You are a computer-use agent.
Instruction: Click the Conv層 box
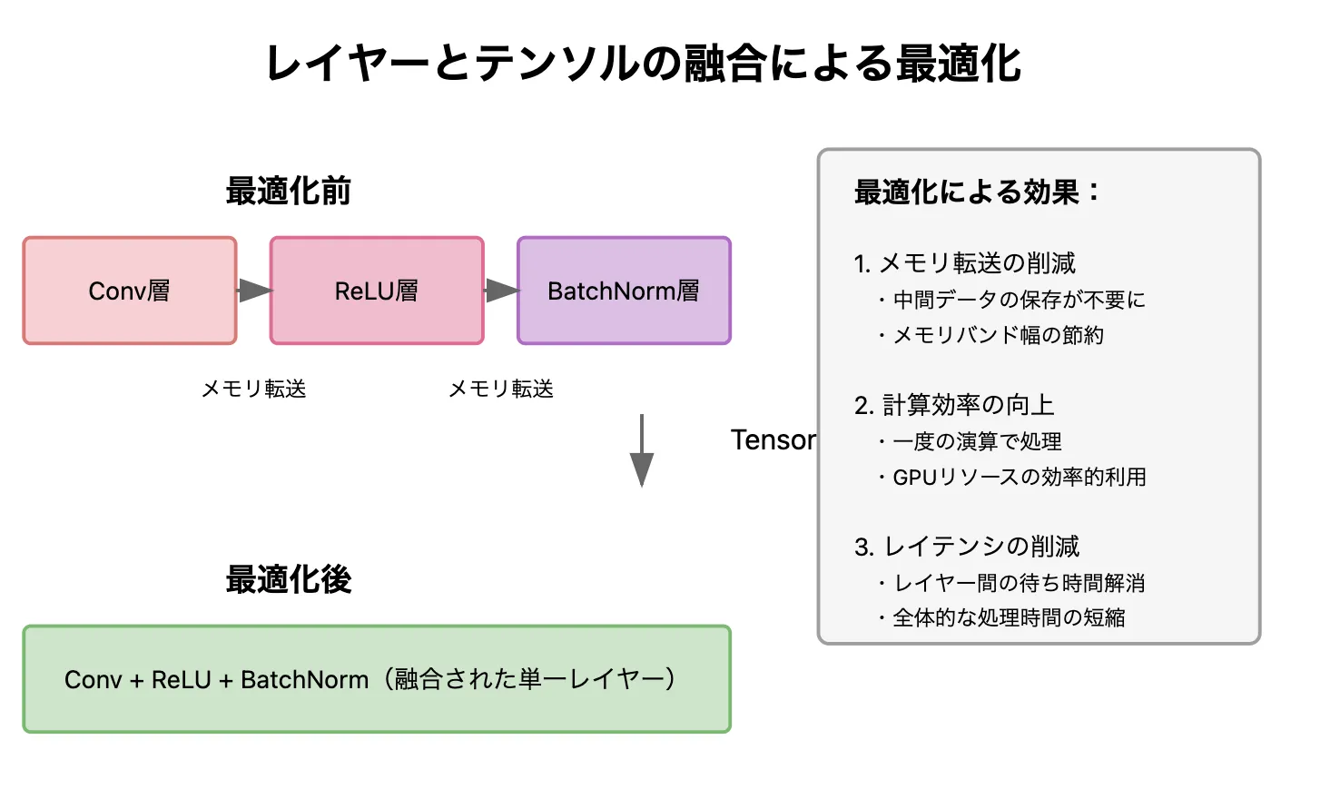click(x=130, y=291)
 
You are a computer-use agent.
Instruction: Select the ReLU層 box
click(x=377, y=291)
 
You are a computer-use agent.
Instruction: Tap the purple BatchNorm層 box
click(x=624, y=291)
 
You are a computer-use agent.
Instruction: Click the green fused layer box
click(x=377, y=679)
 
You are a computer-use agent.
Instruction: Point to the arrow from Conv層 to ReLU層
click(x=254, y=291)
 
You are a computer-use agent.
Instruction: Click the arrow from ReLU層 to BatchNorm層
click(x=501, y=291)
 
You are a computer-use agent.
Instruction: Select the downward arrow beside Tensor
click(x=642, y=451)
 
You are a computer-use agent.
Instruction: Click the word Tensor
click(x=773, y=440)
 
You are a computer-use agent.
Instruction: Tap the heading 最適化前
click(x=288, y=192)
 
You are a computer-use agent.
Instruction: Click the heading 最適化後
click(x=288, y=579)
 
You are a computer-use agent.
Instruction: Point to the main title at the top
click(x=643, y=64)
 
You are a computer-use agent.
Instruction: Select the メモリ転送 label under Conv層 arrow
click(x=253, y=390)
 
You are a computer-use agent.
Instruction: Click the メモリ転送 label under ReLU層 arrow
click(x=501, y=390)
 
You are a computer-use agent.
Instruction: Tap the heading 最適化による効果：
click(x=977, y=192)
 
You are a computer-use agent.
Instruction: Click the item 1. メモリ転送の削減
click(x=964, y=263)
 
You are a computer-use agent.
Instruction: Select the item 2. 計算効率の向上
click(x=954, y=405)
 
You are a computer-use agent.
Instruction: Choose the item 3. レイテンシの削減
click(x=967, y=547)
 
